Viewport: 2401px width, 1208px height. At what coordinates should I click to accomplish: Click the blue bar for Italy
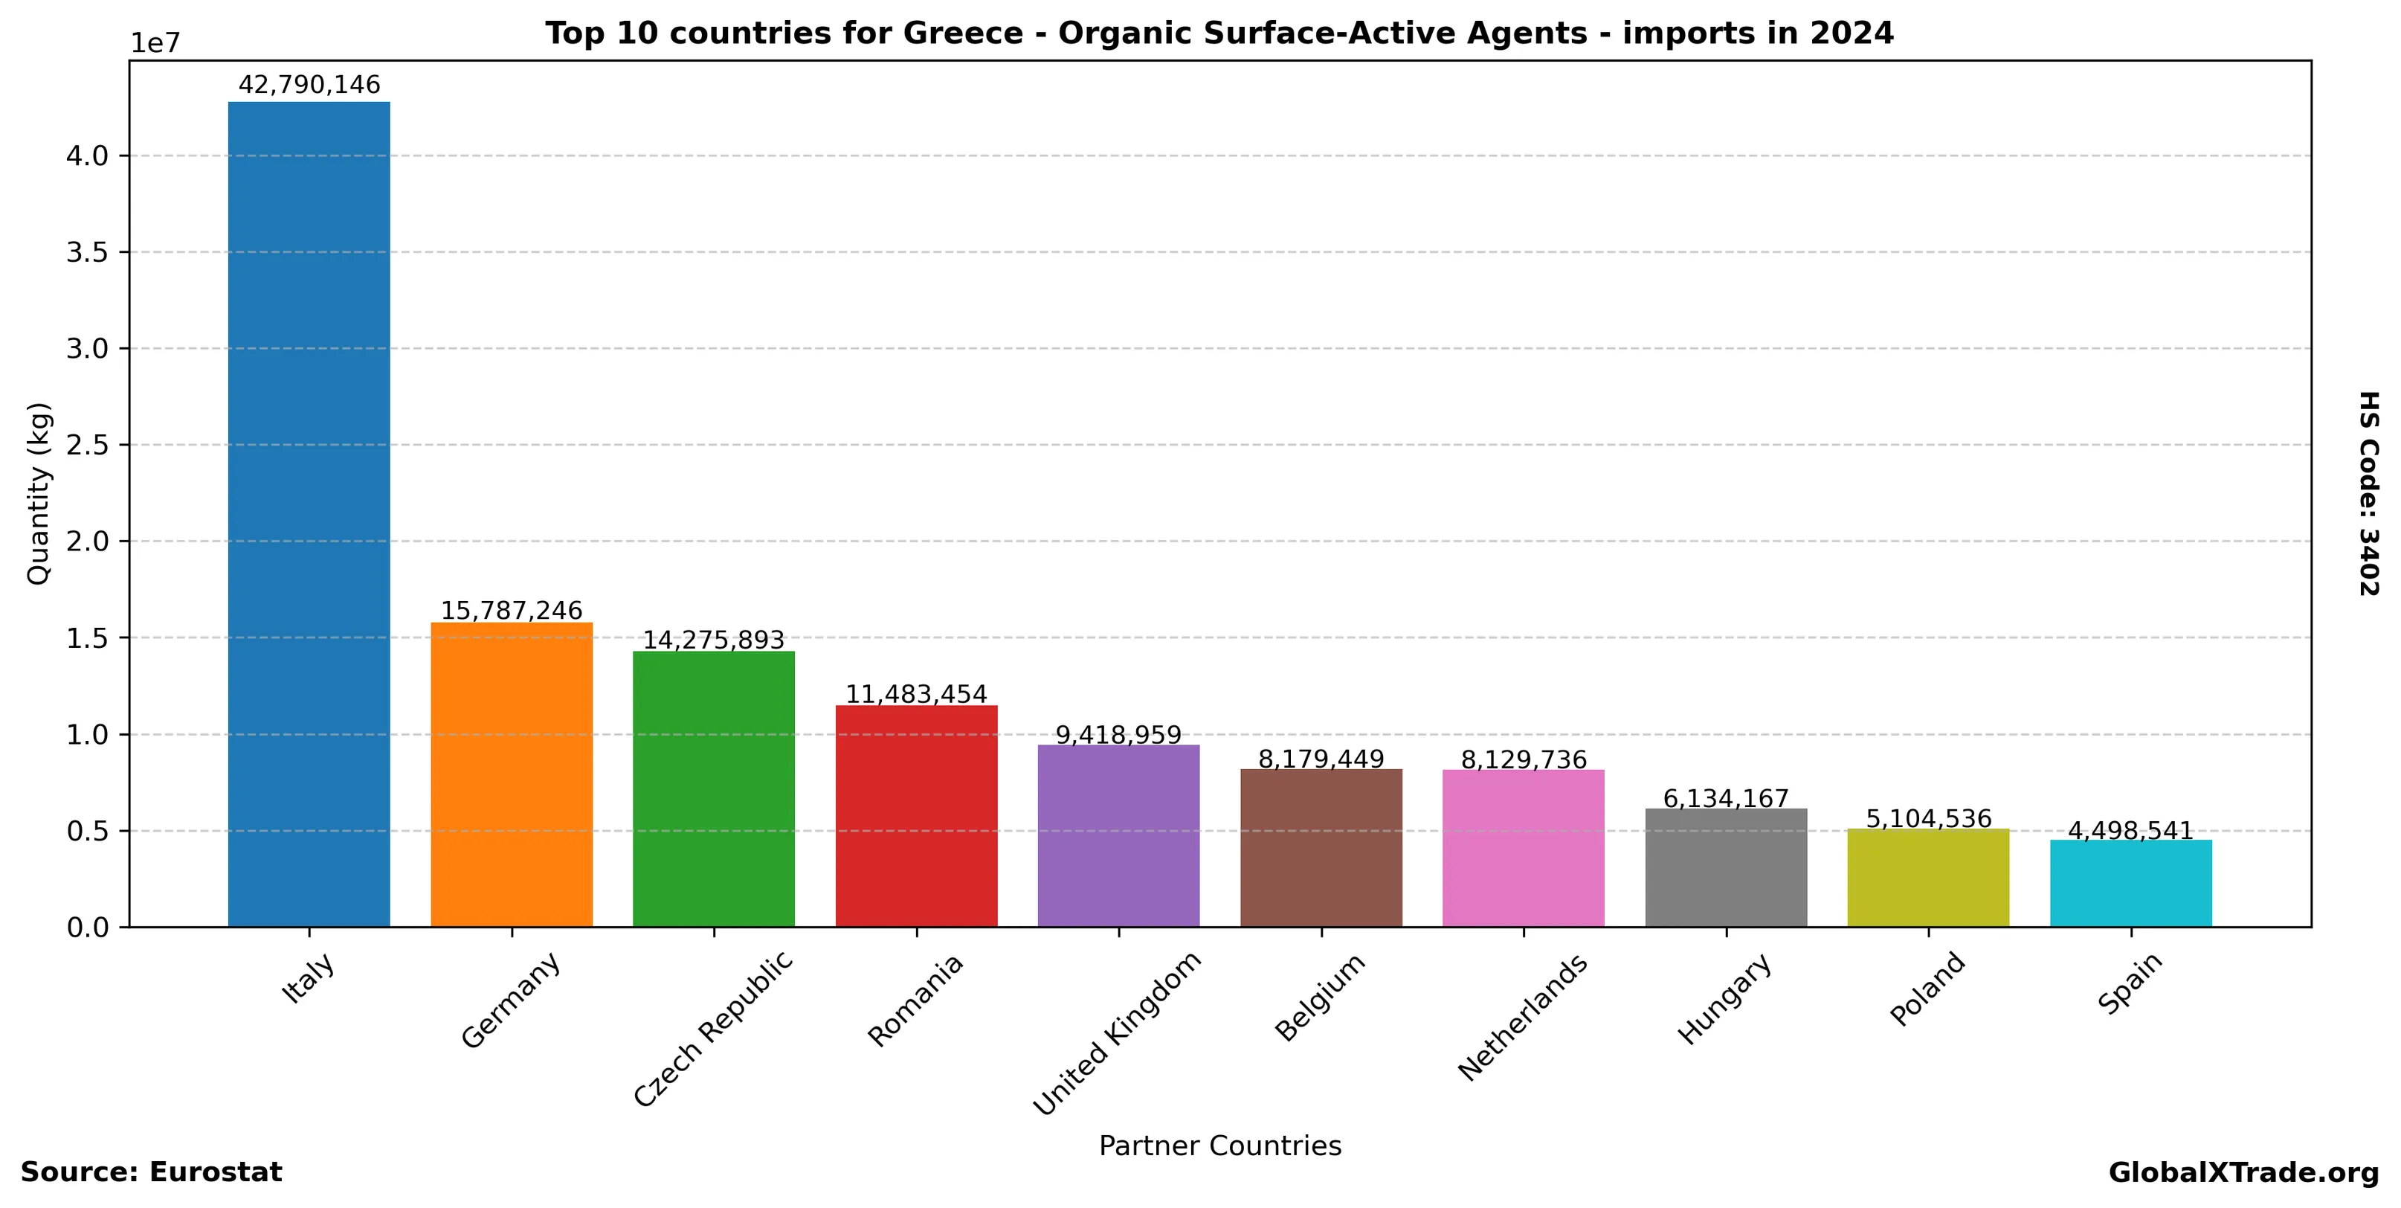tap(309, 513)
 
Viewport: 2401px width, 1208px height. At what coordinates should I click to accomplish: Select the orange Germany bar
tap(511, 774)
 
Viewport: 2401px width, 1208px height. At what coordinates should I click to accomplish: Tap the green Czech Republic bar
tap(713, 788)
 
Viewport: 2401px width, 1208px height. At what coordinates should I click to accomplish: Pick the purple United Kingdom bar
tap(1118, 835)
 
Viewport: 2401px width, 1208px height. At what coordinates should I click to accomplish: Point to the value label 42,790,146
tap(309, 85)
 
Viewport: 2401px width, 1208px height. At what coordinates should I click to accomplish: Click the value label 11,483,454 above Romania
tap(916, 695)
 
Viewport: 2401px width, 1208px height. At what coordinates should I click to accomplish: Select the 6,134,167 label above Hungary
tap(1726, 799)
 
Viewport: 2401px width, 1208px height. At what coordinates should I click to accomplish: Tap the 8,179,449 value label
tap(1321, 759)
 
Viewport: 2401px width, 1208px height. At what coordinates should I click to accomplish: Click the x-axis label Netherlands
tap(1522, 1018)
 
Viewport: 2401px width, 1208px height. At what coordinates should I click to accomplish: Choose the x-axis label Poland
tap(1927, 990)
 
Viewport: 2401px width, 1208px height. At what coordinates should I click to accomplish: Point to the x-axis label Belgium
tap(1320, 997)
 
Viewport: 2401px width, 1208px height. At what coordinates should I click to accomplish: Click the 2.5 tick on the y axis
tap(87, 446)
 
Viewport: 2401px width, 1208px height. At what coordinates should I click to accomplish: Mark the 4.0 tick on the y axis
tap(87, 155)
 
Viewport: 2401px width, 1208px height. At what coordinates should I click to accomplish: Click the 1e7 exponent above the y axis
tap(155, 44)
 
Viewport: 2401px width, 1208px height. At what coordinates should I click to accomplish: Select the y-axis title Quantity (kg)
tap(38, 494)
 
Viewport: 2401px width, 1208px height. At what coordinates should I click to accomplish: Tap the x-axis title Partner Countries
tap(1219, 1146)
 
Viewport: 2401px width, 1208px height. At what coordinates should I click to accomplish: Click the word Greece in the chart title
tap(963, 33)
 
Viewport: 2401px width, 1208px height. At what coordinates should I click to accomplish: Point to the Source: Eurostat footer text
tap(151, 1172)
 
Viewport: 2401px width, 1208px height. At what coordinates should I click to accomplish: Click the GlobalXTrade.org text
tap(2243, 1172)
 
